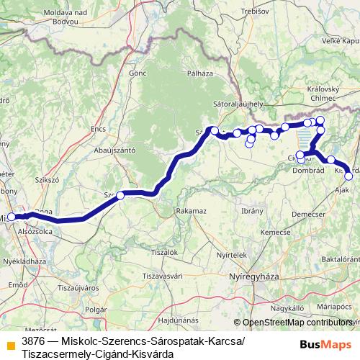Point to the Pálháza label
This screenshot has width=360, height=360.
199,73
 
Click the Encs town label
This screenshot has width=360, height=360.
98,129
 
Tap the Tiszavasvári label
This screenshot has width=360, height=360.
166,276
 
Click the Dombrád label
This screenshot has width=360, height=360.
310,171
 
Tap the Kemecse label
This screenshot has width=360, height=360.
274,232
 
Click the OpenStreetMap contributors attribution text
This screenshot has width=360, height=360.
297,323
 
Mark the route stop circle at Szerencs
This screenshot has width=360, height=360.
120,195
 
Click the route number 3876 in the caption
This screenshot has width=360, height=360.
34,339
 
